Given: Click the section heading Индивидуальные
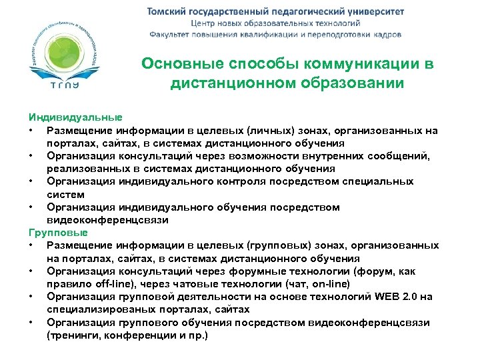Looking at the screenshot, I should pos(66,117).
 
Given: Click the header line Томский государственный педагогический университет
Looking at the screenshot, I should pos(275,11).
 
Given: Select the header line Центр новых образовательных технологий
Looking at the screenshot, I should pos(275,23).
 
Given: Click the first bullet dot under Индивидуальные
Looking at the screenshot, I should pos(32,130).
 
